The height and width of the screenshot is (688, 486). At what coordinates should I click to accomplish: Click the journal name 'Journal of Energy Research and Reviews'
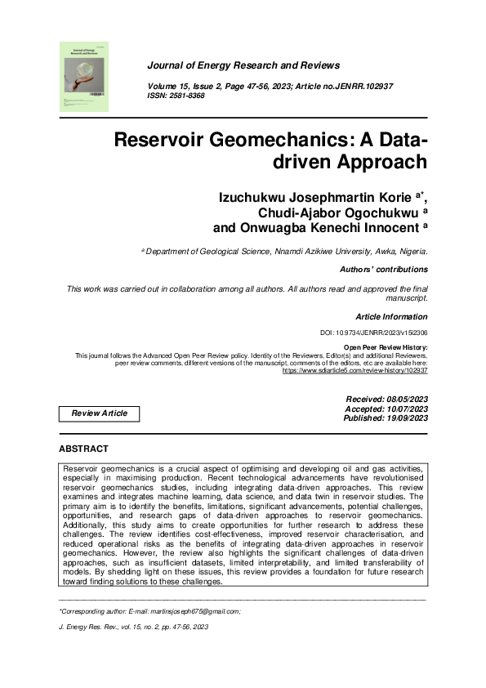tap(243, 65)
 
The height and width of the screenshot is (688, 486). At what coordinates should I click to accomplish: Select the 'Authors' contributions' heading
tap(382, 269)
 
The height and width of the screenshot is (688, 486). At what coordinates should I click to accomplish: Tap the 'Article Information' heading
tap(391, 316)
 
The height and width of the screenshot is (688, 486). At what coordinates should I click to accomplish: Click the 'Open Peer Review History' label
tap(386, 348)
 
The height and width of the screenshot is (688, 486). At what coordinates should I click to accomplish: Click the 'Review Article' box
tap(100, 413)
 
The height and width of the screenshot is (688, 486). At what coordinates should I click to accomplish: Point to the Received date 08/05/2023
tap(386, 399)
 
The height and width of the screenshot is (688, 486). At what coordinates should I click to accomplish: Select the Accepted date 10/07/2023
tap(386, 409)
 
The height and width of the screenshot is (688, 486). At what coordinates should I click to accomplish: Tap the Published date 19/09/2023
tap(386, 418)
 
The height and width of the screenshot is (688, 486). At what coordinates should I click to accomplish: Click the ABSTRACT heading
tap(83, 449)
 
